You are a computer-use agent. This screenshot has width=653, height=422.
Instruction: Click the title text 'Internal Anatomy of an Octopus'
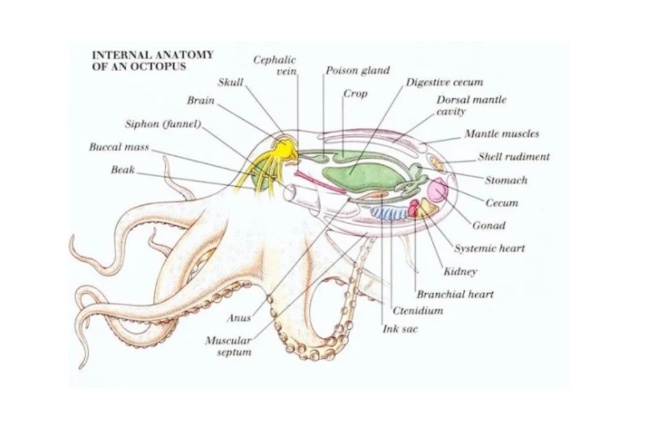152,61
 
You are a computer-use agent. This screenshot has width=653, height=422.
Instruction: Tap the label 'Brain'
201,101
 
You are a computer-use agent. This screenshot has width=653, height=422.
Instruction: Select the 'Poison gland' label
357,71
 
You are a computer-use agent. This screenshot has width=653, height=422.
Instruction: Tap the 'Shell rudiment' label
514,157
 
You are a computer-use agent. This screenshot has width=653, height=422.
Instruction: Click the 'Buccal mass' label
119,147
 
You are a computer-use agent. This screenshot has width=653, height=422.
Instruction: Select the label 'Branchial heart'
455,295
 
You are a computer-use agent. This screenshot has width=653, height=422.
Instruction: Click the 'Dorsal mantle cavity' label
471,106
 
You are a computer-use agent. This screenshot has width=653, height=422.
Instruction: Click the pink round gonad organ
438,191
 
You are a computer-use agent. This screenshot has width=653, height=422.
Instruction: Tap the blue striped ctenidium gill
391,212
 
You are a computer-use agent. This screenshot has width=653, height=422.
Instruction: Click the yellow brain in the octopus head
282,149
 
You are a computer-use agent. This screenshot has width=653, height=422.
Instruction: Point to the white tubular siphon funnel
299,194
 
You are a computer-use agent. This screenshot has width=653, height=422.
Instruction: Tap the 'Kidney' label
460,272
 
